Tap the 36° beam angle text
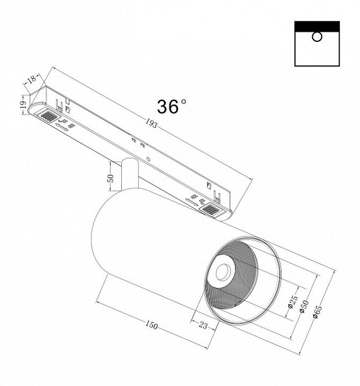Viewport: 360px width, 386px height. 172,106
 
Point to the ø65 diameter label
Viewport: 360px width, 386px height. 317,310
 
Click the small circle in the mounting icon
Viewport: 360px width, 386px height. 317,36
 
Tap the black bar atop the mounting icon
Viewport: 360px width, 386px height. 317,26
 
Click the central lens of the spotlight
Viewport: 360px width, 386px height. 222,271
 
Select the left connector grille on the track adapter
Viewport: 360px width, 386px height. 48,116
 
